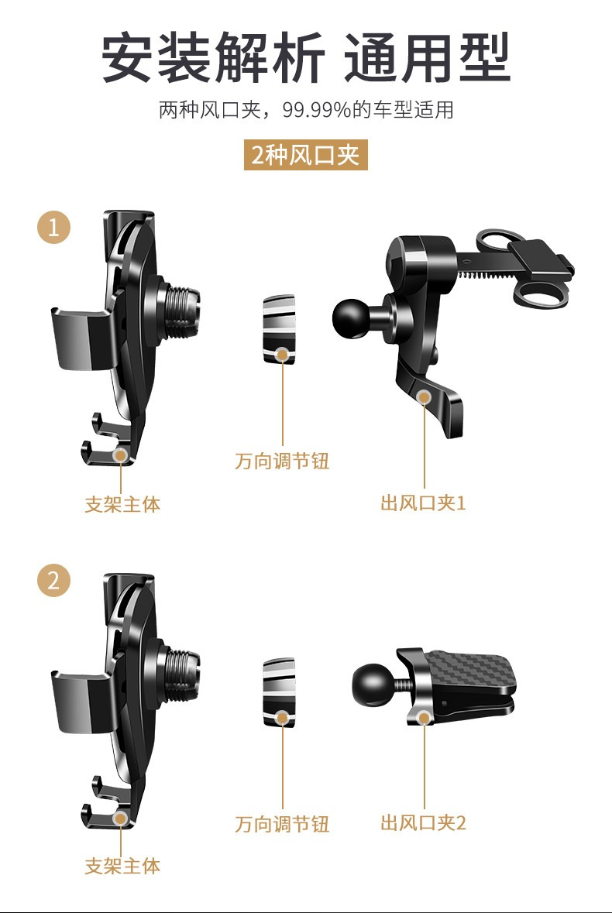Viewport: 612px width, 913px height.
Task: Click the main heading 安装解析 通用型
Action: [306, 58]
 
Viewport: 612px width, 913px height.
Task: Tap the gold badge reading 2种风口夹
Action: [306, 155]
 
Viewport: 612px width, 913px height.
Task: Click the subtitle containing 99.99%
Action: [306, 109]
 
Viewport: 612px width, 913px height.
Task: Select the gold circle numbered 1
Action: [53, 227]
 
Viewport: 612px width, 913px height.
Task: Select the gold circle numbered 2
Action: [53, 581]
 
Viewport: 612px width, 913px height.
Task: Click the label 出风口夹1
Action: [423, 503]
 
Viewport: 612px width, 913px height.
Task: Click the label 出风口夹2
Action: [423, 822]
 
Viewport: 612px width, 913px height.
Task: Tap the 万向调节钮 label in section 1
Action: [283, 461]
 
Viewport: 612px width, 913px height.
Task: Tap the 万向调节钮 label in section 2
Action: [283, 823]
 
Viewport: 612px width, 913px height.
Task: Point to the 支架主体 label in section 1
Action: [122, 503]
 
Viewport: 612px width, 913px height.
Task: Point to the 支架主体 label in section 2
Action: [122, 866]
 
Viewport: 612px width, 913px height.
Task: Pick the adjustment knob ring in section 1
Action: [279, 329]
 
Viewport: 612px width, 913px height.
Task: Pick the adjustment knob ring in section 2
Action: [279, 692]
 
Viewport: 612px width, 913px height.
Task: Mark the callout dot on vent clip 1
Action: [425, 397]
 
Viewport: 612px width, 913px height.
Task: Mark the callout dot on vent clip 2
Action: [425, 717]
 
